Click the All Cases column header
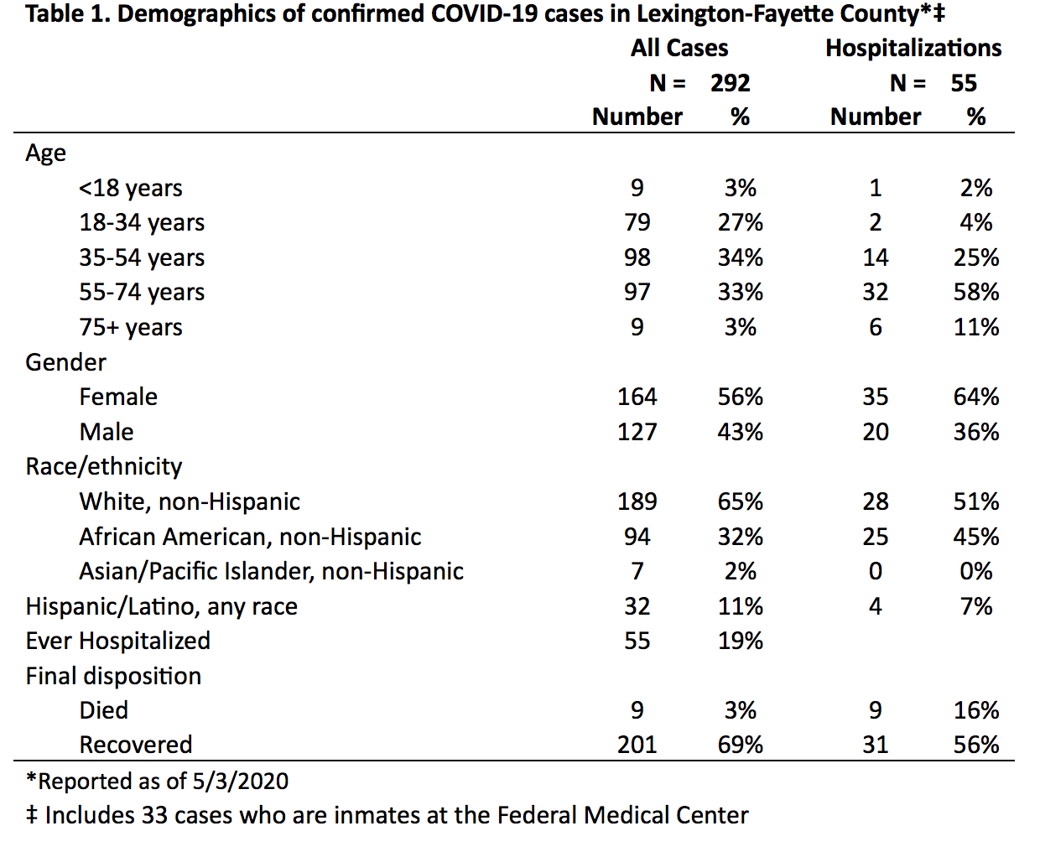679,49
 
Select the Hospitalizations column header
913,49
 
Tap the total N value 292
731,83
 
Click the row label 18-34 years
142,222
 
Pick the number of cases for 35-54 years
637,257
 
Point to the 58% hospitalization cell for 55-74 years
976,292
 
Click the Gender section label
65,362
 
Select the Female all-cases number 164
637,397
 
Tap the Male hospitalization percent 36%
976,432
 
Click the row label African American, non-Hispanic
250,537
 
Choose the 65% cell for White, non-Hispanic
740,501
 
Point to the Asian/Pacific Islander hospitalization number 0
875,571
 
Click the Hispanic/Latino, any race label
161,606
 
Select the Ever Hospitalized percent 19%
740,641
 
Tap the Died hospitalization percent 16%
976,710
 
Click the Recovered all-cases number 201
637,745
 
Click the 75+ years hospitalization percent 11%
976,327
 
